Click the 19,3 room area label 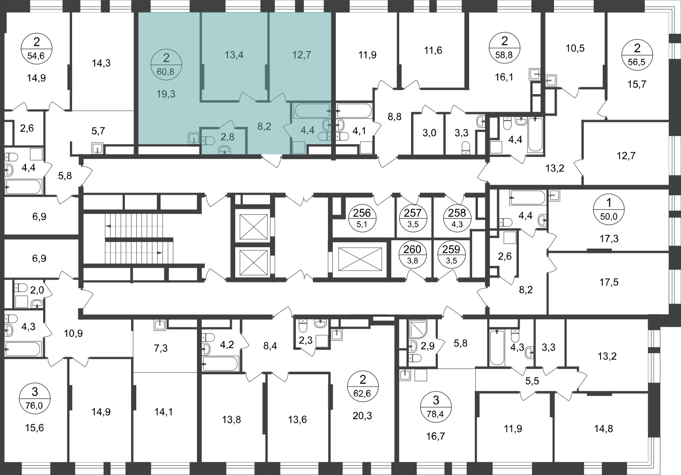click(166, 94)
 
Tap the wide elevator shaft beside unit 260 click(360, 259)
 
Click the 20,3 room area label click(362, 415)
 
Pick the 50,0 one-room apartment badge click(608, 209)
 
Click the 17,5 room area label click(609, 282)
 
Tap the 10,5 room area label click(575, 48)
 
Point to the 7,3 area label click(161, 348)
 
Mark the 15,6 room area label click(35, 428)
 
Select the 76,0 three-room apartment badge click(35, 398)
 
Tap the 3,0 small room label click(429, 133)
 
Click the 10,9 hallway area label click(73, 333)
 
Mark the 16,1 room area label click(504, 77)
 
